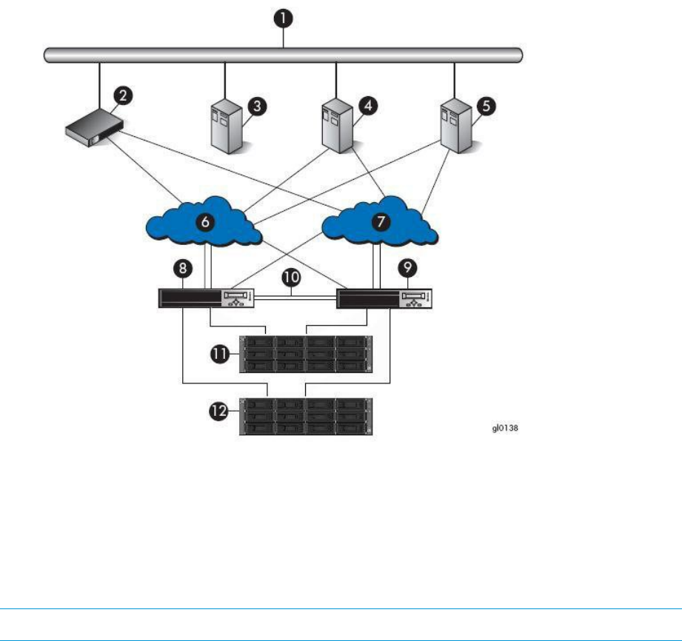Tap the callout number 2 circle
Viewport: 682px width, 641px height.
coord(123,95)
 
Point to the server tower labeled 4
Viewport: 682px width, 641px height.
coord(336,127)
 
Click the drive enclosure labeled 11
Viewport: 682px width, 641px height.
coord(304,355)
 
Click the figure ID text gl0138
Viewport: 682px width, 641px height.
coord(509,428)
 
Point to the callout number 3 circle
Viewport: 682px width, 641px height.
coord(257,106)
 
